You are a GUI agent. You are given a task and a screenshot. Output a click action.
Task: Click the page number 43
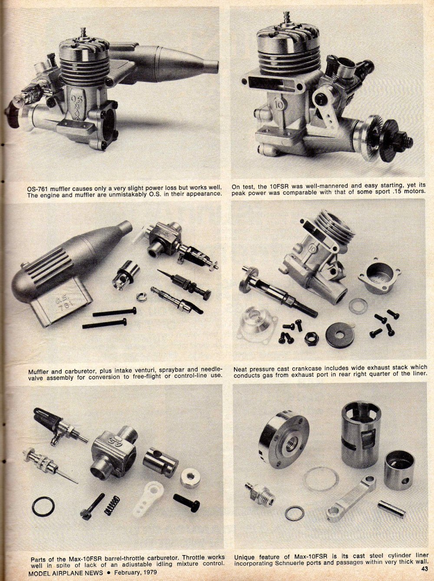coord(425,568)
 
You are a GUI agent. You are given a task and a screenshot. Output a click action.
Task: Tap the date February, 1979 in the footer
coord(135,572)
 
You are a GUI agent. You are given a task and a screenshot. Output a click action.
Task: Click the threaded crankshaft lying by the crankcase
coord(278,292)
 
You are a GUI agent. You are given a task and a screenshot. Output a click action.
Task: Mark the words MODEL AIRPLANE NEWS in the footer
coord(66,572)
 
